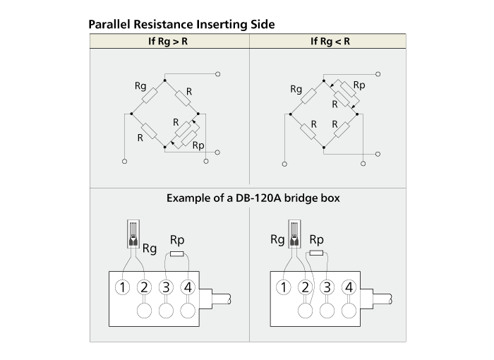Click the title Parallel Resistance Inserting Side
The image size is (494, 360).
click(x=181, y=24)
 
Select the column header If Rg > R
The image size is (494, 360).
click(x=168, y=42)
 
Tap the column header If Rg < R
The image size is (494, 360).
click(x=330, y=42)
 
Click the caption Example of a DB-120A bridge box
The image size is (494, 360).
click(x=253, y=198)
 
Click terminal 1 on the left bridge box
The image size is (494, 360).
click(x=122, y=287)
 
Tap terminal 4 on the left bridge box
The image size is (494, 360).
click(x=188, y=287)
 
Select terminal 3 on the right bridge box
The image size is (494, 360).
click(x=327, y=287)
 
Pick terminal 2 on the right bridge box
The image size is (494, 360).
click(x=305, y=287)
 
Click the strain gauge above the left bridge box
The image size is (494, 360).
click(x=133, y=234)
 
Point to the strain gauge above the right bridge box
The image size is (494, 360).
click(x=294, y=234)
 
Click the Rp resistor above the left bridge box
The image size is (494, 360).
click(x=176, y=254)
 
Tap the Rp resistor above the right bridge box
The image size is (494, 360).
click(x=316, y=253)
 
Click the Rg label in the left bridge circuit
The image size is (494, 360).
click(x=140, y=85)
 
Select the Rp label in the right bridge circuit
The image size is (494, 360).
click(x=359, y=85)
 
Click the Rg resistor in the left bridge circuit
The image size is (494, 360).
click(x=150, y=95)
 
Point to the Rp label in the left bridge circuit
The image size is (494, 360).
click(x=198, y=145)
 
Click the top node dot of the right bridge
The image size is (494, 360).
click(x=323, y=81)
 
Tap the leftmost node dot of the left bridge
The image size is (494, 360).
click(x=131, y=114)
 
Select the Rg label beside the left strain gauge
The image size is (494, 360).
click(x=150, y=248)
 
